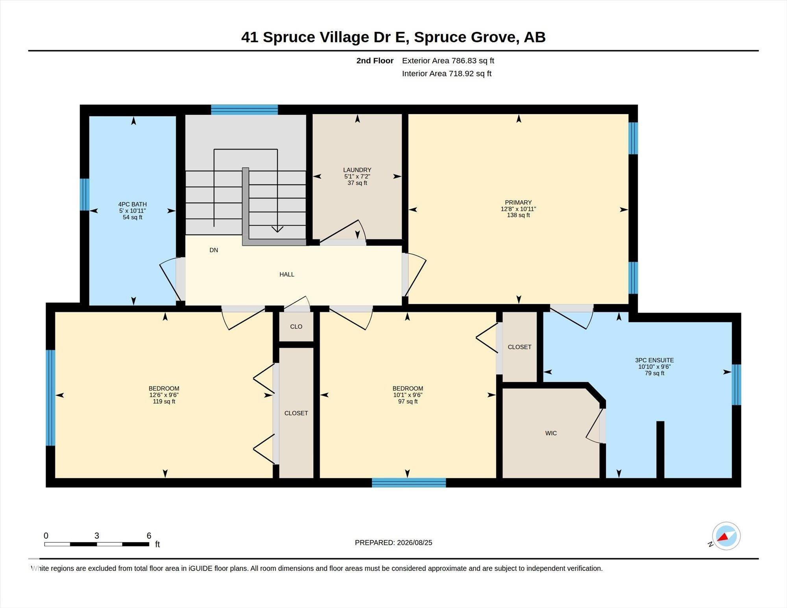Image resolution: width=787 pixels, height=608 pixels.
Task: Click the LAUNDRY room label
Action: (x=357, y=170)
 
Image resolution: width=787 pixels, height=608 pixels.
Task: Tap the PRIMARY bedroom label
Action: (x=518, y=203)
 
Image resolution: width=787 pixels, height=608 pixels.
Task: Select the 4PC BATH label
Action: (x=132, y=204)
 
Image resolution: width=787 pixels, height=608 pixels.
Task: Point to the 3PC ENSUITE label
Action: (x=654, y=360)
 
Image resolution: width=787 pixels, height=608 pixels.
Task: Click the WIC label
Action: (x=551, y=433)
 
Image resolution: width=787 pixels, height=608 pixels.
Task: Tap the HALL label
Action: (x=287, y=274)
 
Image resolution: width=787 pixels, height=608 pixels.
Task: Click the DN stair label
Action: (x=214, y=250)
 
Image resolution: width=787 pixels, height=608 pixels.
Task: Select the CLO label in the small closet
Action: (x=296, y=327)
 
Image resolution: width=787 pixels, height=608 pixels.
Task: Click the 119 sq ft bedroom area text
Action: (x=164, y=401)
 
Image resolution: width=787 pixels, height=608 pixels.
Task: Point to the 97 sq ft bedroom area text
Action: (x=408, y=401)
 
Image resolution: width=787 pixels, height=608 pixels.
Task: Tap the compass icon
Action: (x=726, y=536)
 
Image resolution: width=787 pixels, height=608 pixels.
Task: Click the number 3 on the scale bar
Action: (x=97, y=536)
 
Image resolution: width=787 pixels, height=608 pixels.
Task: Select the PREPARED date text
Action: (x=393, y=543)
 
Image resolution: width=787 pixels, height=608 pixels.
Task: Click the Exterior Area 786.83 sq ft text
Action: (x=448, y=61)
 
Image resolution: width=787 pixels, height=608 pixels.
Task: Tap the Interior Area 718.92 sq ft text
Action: (x=447, y=74)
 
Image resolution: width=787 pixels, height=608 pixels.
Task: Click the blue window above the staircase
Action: (x=244, y=109)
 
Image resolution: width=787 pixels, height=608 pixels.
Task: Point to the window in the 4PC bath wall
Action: (x=85, y=194)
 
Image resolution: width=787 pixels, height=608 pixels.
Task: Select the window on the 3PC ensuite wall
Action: (x=736, y=384)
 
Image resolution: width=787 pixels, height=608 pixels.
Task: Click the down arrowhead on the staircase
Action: (x=277, y=229)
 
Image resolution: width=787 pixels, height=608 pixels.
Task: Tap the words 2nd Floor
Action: (x=375, y=61)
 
